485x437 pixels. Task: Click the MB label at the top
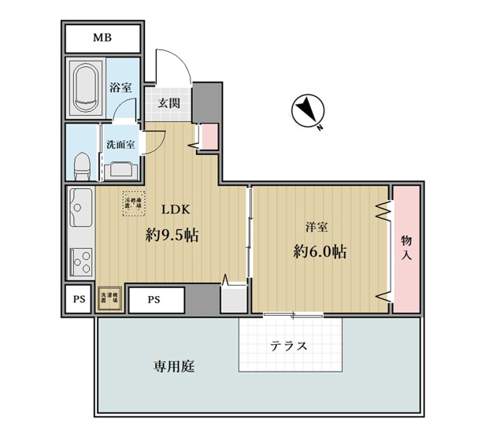click(103, 38)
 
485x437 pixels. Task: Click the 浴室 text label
click(120, 89)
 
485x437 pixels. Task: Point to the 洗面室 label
click(121, 145)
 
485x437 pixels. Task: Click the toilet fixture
click(80, 165)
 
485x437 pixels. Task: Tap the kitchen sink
click(80, 209)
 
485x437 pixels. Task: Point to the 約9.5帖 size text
click(171, 234)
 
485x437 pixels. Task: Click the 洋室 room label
click(317, 228)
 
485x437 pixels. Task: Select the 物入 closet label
click(406, 247)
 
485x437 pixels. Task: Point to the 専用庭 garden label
click(174, 366)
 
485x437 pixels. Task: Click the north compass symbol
click(306, 112)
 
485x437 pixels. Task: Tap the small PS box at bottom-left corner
click(79, 299)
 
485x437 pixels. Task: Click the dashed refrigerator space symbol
click(134, 203)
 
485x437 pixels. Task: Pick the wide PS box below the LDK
click(154, 299)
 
